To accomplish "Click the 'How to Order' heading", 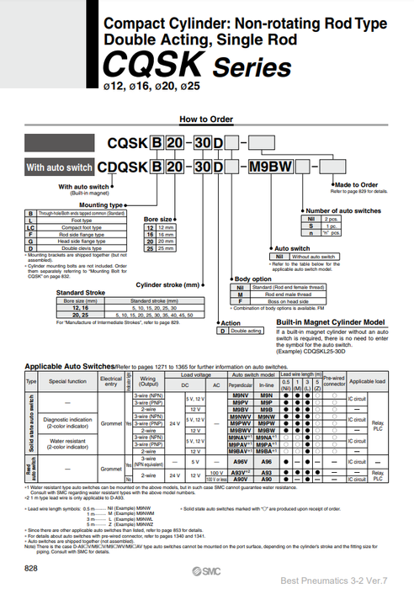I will pyautogui.click(x=206, y=119).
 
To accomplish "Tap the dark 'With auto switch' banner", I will pyautogui.click(x=58, y=168).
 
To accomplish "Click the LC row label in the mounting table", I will pyautogui.click(x=30, y=226).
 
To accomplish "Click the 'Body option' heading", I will pyautogui.click(x=253, y=279).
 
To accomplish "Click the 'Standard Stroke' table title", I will pyautogui.click(x=82, y=292).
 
